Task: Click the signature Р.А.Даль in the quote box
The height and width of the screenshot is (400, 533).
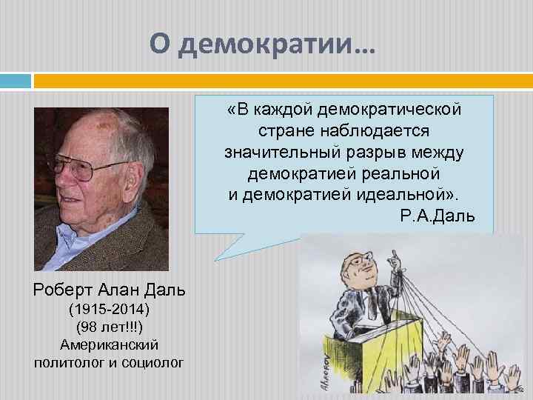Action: pos(436,216)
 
